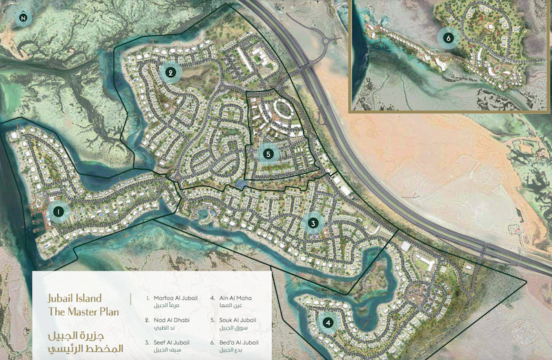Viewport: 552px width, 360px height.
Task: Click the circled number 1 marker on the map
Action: (59, 212)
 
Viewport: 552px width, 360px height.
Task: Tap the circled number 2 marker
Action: (169, 71)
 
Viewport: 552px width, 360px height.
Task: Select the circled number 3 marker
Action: (313, 223)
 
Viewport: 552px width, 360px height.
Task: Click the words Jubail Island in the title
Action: (77, 299)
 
